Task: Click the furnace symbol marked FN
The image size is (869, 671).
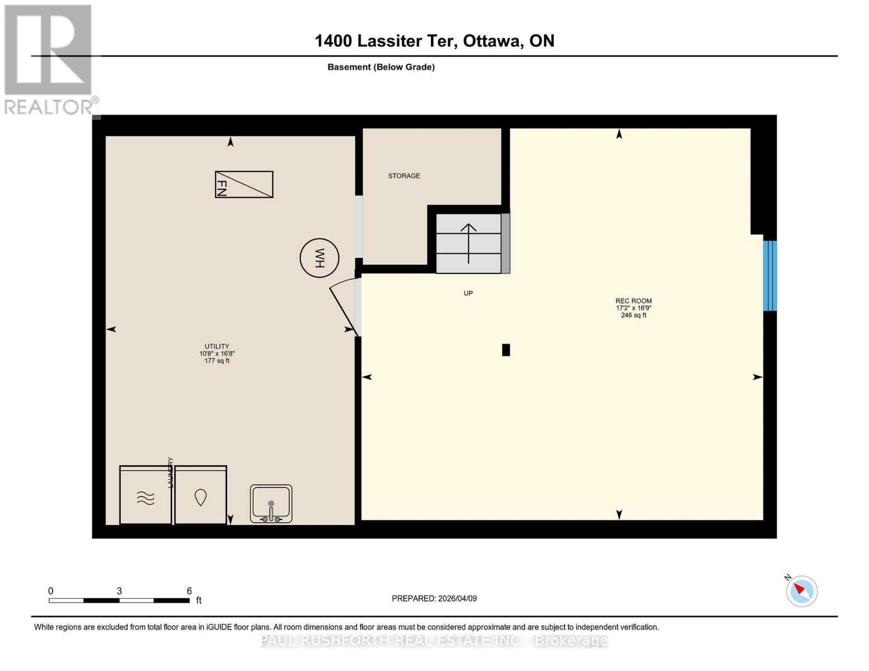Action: (x=244, y=185)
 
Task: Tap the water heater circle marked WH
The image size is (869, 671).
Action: (x=319, y=258)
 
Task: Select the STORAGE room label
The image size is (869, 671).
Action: (x=404, y=176)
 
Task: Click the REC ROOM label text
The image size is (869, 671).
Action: (x=633, y=301)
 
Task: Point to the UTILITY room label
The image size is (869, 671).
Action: (x=217, y=346)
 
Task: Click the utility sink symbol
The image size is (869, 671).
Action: (x=271, y=503)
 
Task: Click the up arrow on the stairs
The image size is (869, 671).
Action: (x=468, y=243)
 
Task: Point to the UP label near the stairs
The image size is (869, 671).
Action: (x=468, y=293)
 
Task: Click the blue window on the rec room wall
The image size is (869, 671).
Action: (x=770, y=276)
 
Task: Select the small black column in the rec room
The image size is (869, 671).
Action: (x=506, y=350)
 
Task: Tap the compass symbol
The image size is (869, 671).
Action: (x=801, y=591)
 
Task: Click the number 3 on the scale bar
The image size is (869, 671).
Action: (x=119, y=591)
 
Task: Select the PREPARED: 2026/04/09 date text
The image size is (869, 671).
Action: (x=434, y=598)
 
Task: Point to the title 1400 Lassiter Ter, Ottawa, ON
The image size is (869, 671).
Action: (x=434, y=41)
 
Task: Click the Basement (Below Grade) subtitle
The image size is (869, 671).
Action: (x=381, y=67)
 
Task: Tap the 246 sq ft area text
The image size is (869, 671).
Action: (x=633, y=315)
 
